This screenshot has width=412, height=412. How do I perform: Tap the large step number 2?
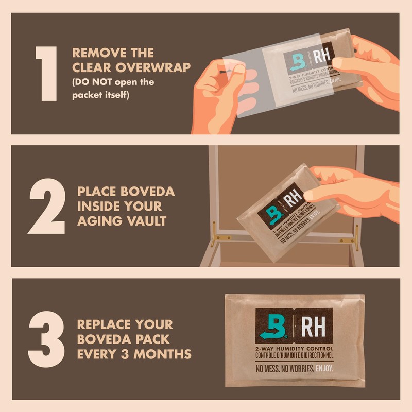pyautogui.click(x=47, y=206)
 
